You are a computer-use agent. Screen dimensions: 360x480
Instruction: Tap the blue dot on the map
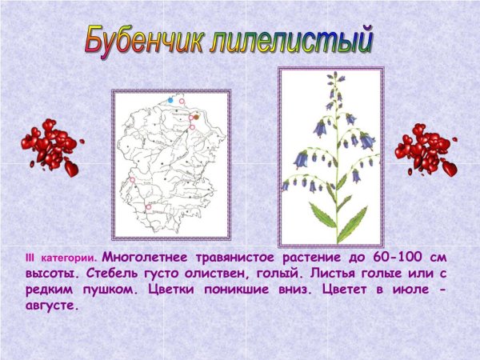click(170, 101)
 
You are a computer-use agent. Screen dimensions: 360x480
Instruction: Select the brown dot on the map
click(196, 117)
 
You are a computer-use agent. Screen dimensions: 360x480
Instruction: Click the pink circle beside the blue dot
click(182, 102)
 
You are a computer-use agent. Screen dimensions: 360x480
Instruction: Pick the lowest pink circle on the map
click(148, 207)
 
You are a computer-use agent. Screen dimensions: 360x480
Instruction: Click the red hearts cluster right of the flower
click(425, 149)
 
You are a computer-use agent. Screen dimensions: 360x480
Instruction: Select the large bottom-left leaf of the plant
click(322, 214)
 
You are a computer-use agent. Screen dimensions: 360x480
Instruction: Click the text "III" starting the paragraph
click(30, 258)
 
